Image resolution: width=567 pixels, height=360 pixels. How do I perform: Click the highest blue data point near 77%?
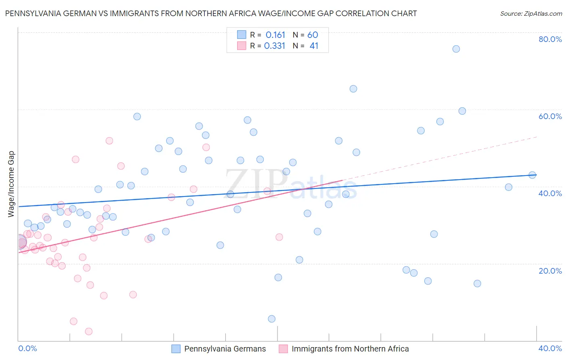(x=456, y=49)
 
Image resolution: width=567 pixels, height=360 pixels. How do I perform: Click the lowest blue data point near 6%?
(x=272, y=319)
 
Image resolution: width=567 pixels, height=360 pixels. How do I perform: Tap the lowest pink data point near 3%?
(x=89, y=331)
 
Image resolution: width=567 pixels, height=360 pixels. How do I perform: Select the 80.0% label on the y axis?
(x=550, y=39)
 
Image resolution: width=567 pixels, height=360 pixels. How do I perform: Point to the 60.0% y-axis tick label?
(x=550, y=116)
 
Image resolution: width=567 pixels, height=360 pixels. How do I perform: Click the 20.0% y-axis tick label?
(x=550, y=271)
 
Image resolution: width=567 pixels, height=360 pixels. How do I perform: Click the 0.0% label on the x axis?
(x=27, y=348)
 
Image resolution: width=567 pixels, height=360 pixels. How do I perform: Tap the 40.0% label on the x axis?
(x=550, y=348)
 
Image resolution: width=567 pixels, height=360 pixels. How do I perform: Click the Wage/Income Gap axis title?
(x=11, y=184)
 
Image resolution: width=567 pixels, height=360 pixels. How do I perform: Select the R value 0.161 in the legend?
(x=275, y=35)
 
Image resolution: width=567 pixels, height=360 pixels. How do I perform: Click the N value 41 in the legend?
(x=314, y=46)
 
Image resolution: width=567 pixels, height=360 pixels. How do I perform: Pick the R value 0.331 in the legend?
(x=274, y=46)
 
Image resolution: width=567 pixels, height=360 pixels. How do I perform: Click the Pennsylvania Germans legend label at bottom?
(x=225, y=349)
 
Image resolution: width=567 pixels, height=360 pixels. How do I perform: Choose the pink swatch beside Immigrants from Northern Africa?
(x=283, y=349)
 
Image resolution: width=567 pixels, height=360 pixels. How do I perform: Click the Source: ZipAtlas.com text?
(x=531, y=14)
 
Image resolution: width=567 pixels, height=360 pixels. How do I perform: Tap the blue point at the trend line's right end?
(x=532, y=175)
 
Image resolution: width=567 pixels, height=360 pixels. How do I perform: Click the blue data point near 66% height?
(x=353, y=89)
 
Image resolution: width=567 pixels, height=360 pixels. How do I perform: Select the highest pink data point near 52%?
(x=109, y=141)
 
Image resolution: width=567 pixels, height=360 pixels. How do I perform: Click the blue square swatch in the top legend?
(x=242, y=35)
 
